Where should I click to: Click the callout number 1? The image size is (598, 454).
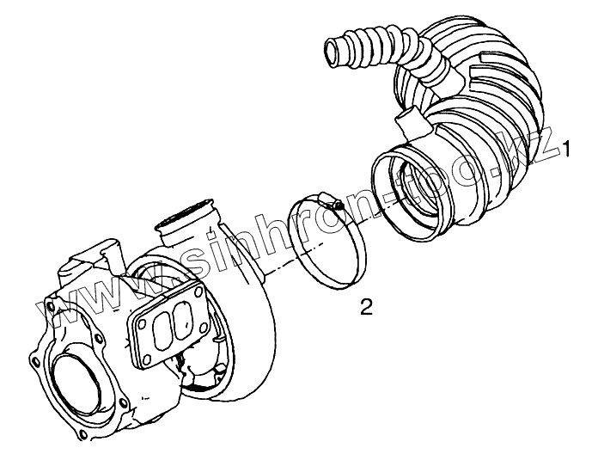568,150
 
